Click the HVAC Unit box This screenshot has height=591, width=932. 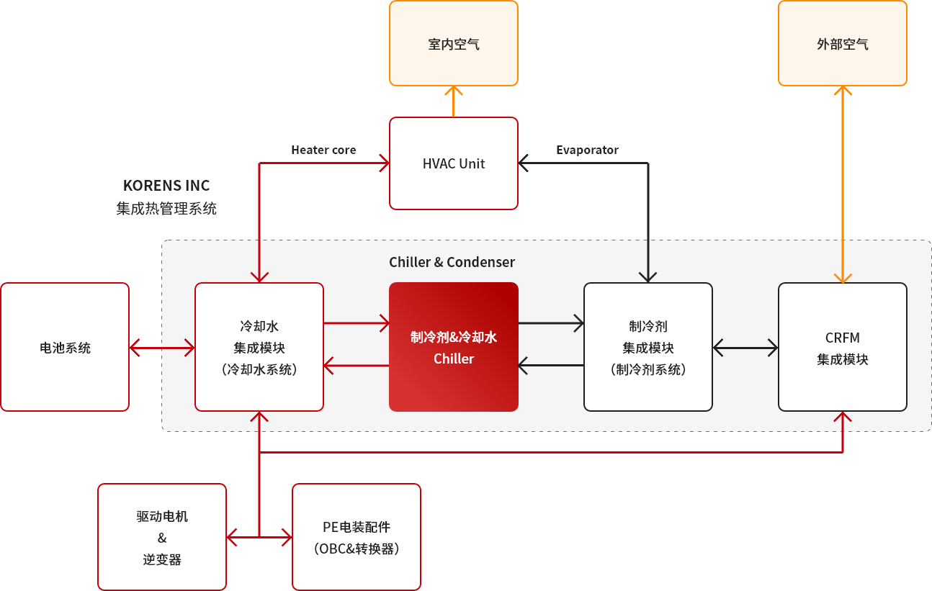pos(454,163)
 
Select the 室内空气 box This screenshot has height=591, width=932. pos(454,43)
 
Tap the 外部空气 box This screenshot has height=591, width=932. pos(843,43)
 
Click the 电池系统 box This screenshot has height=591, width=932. pos(65,347)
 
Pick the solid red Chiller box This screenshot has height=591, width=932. pos(454,347)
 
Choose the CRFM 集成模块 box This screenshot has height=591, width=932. pos(843,347)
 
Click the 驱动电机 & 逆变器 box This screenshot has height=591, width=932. pos(162,537)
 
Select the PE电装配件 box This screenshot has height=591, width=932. pos(357,537)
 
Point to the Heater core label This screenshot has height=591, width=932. pos(323,150)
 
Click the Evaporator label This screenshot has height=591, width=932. pos(587,150)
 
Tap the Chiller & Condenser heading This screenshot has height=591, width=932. pos(452,262)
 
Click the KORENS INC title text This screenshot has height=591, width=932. pos(166,186)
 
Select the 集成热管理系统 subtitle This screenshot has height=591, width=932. pos(166,208)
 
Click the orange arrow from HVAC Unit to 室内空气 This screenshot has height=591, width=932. pos(454,101)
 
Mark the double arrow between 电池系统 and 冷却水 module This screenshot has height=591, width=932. pos(162,348)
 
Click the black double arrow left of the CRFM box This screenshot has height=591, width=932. pos(745,348)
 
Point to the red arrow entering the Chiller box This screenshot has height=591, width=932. pos(357,323)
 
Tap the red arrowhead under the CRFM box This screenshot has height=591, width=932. pos(843,416)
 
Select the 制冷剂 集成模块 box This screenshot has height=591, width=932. pos(648,347)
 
